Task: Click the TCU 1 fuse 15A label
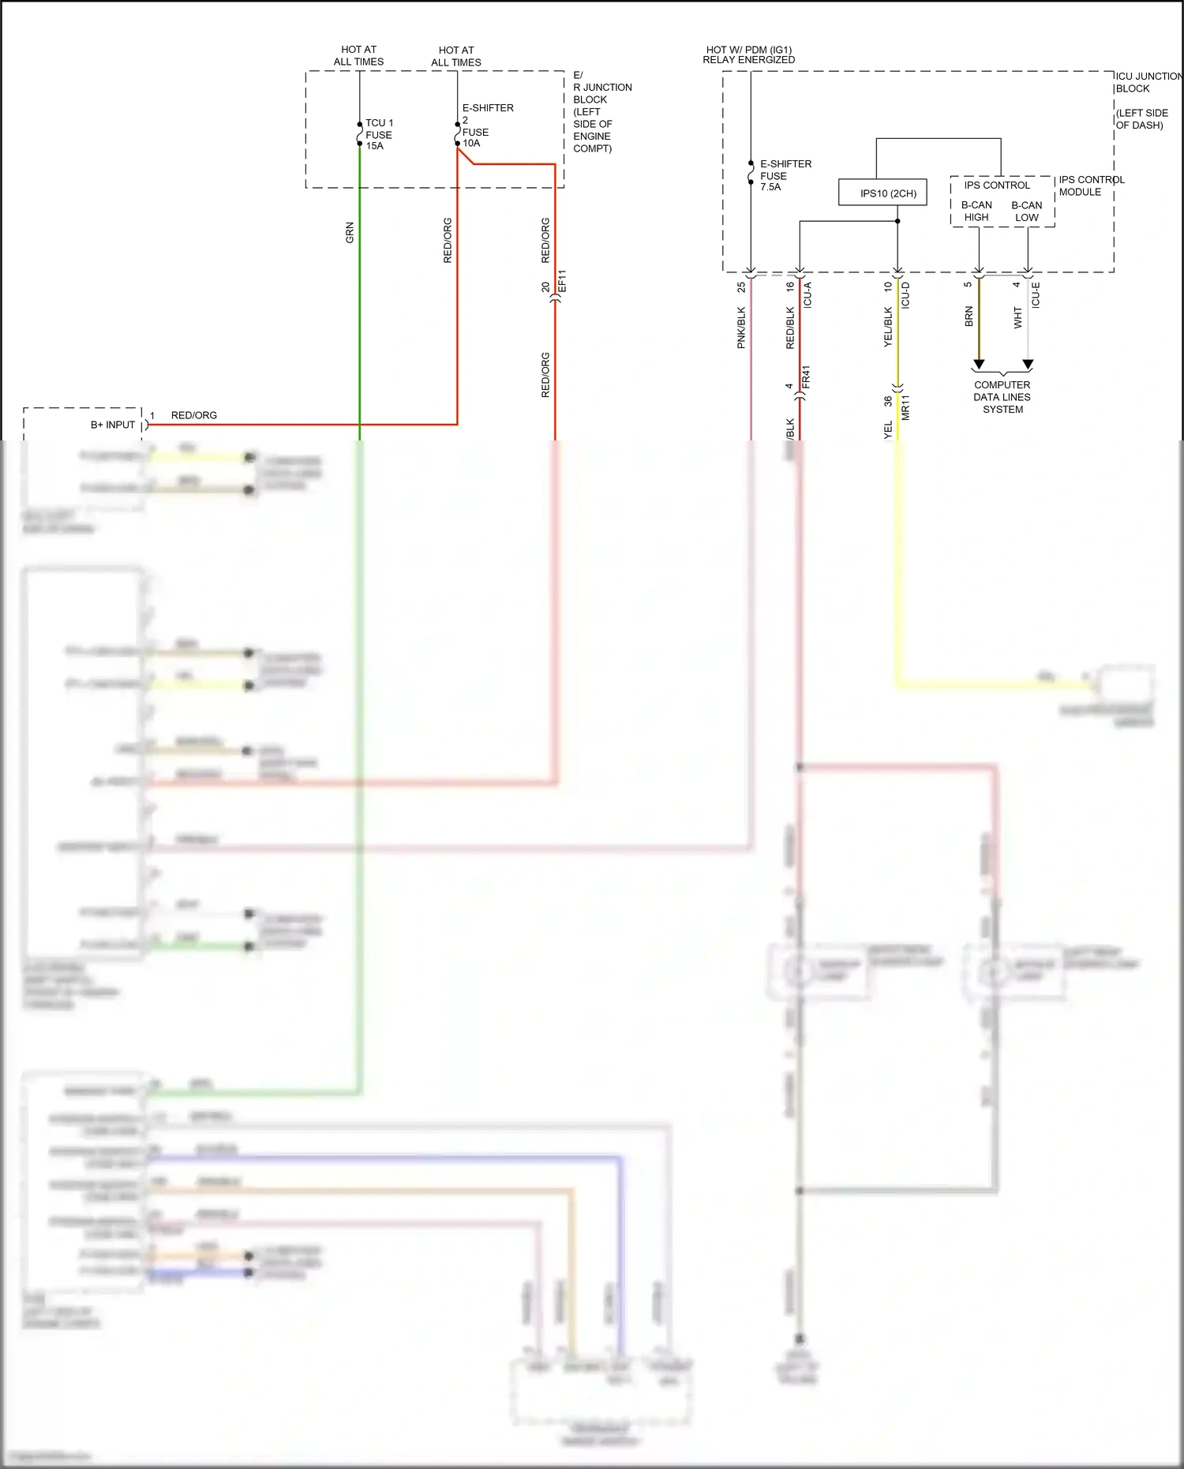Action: tap(379, 134)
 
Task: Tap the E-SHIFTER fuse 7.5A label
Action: tap(785, 175)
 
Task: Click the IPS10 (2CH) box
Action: tap(882, 193)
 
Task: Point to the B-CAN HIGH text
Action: tap(976, 211)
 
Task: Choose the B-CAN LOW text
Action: tap(1026, 211)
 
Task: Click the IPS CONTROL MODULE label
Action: tap(1091, 185)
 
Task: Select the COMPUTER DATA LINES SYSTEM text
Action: tap(1002, 397)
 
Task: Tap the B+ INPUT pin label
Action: tap(113, 425)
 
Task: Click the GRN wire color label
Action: tap(350, 233)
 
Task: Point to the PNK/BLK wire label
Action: tap(741, 328)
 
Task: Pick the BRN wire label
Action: tap(969, 317)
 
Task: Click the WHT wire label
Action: tap(1017, 317)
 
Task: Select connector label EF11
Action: tap(562, 282)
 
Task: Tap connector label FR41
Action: tap(806, 377)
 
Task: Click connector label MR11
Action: tap(905, 407)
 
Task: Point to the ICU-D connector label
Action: tap(905, 294)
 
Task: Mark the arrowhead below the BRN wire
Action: tap(979, 364)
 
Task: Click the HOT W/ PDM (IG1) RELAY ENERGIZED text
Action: tap(749, 54)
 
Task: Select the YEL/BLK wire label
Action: tap(888, 327)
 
